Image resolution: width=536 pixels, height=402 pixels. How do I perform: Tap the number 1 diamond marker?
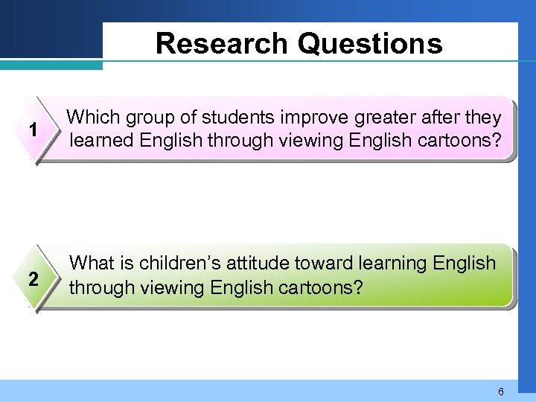33,130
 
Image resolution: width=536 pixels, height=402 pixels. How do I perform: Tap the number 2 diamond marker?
33,279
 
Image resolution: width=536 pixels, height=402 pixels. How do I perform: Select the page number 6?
501,392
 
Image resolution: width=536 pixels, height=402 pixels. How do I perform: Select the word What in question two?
92,264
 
